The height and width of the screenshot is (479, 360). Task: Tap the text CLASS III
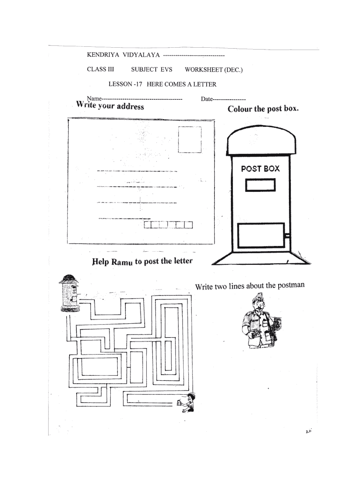click(100, 70)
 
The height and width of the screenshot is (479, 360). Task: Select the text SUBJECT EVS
click(151, 70)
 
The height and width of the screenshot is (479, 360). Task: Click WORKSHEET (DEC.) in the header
click(214, 70)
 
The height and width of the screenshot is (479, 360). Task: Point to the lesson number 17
click(138, 85)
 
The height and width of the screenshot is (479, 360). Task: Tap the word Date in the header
click(207, 99)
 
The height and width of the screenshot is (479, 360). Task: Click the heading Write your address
click(110, 106)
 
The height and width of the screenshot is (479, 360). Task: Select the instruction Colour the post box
click(263, 109)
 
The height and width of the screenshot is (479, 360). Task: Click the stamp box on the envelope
click(189, 139)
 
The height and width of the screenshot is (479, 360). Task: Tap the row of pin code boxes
click(168, 225)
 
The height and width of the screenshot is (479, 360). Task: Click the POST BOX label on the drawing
click(260, 168)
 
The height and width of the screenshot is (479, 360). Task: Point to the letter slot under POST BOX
click(260, 185)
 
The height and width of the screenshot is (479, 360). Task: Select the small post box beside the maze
click(70, 293)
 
